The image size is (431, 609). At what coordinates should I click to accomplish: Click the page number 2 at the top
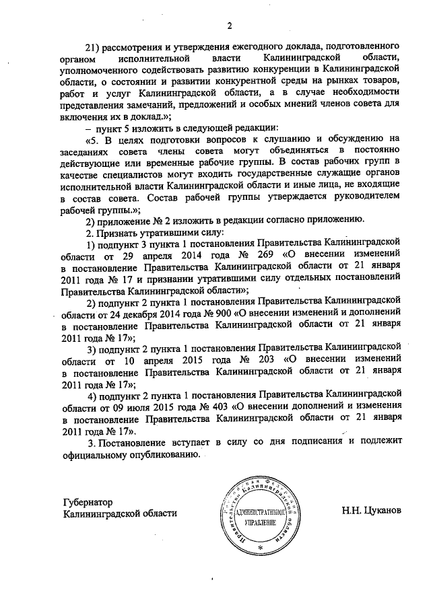(229, 26)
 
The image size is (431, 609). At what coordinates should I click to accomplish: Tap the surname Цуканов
(382, 510)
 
